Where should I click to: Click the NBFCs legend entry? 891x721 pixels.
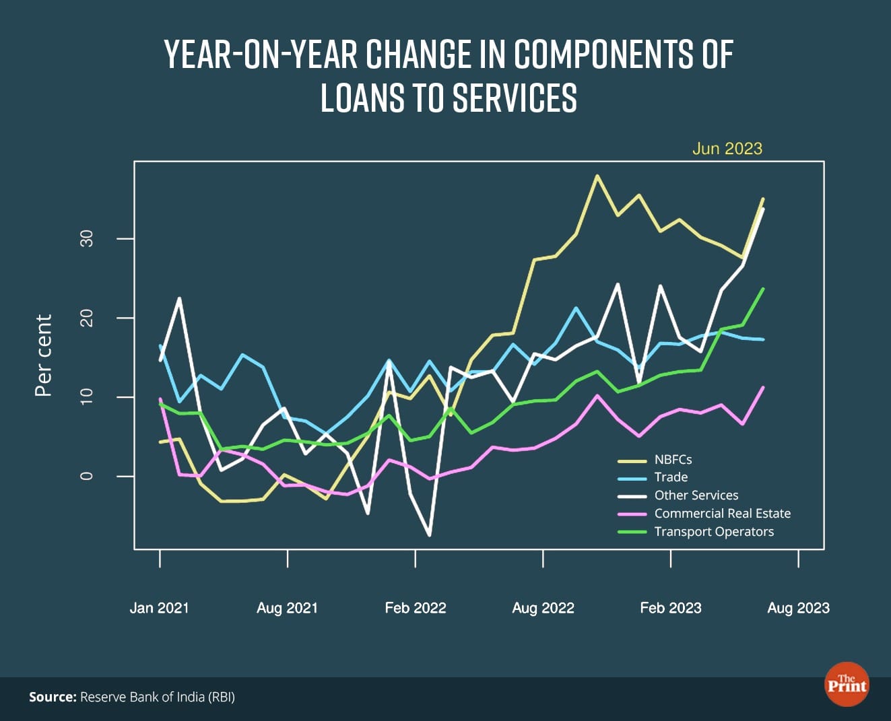coord(673,460)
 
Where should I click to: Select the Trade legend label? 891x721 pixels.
coord(671,477)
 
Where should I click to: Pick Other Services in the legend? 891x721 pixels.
coord(696,495)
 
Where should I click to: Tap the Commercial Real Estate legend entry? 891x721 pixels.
coord(722,514)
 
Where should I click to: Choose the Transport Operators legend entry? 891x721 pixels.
coord(714,532)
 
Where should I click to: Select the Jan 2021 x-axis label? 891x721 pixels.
coord(160,608)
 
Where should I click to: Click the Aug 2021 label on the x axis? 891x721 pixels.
coord(287,608)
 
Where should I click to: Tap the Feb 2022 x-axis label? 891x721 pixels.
coord(416,608)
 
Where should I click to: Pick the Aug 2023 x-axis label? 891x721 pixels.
coord(799,608)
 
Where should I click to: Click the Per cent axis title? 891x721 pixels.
coord(44,355)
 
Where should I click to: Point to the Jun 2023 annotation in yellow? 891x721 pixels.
coord(727,149)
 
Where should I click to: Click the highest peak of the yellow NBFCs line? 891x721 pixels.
coord(597,176)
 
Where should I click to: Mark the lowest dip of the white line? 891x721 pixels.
coord(430,535)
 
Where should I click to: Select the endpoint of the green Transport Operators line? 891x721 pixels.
coord(763,289)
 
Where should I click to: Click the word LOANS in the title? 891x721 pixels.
coord(362,98)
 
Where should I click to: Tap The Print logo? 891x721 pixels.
coord(847,685)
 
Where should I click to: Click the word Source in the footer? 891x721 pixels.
coord(53,697)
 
